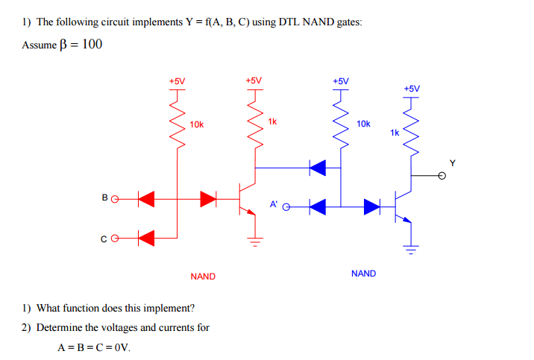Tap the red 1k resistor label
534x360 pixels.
272,121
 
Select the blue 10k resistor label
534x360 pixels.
363,124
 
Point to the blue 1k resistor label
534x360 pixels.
395,132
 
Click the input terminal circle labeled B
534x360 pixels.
116,198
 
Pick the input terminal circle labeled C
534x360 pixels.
116,239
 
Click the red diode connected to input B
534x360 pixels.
146,198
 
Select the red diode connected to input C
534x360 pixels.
146,239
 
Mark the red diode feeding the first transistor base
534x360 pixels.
208,198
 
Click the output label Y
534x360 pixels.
451,162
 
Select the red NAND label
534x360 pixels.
202,277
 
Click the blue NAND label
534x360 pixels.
363,274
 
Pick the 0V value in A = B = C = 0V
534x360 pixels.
120,347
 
